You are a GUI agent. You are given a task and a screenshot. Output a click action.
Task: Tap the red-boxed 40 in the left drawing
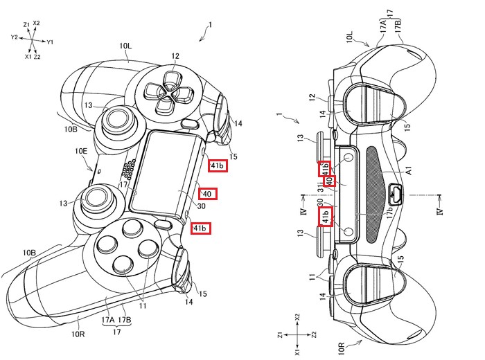tap(208, 193)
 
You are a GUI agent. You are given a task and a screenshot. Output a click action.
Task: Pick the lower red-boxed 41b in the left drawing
tap(201, 228)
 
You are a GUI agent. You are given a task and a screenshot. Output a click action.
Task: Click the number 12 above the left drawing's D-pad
tap(175, 55)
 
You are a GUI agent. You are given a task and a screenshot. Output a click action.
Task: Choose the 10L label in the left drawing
tap(125, 48)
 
